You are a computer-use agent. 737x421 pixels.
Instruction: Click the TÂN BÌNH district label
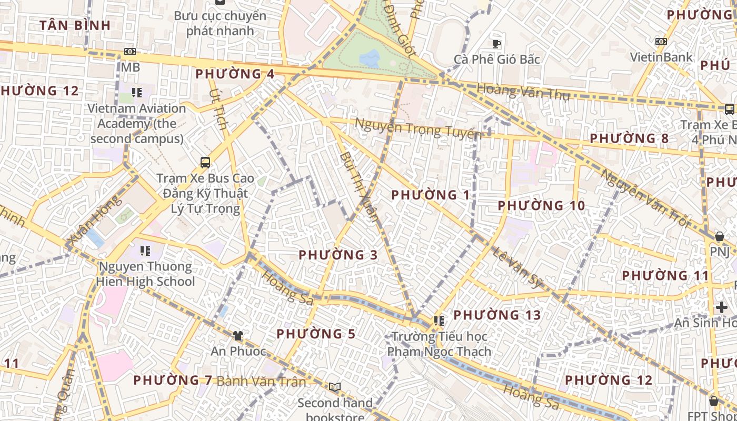(x=75, y=25)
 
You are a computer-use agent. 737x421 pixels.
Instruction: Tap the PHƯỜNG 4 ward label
(x=235, y=74)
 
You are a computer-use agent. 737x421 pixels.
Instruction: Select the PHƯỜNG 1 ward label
(x=431, y=195)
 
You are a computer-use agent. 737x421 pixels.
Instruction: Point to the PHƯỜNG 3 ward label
(x=338, y=255)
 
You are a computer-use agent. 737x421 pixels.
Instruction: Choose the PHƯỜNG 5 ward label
(x=316, y=334)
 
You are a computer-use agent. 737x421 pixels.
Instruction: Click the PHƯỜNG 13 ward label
(x=497, y=315)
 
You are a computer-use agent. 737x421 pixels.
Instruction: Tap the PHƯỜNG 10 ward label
(x=541, y=206)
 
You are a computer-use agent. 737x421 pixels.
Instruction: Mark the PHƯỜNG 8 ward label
(x=629, y=138)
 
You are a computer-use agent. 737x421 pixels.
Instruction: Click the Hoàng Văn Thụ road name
(x=523, y=93)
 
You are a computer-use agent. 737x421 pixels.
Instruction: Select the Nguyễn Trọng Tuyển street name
(x=418, y=128)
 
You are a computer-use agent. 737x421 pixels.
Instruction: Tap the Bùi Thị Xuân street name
(x=359, y=186)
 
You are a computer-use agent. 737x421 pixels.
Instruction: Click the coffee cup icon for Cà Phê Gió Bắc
(x=496, y=44)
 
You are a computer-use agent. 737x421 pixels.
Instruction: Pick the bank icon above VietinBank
(x=661, y=42)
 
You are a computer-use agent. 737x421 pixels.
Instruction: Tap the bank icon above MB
(x=130, y=52)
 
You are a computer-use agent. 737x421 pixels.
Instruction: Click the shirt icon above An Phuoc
(x=238, y=335)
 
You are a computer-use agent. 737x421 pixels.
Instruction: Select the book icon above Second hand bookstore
(x=335, y=387)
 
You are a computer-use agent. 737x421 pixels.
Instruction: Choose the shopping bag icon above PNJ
(x=719, y=236)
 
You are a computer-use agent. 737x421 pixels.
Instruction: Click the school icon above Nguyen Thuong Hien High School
(x=145, y=250)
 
